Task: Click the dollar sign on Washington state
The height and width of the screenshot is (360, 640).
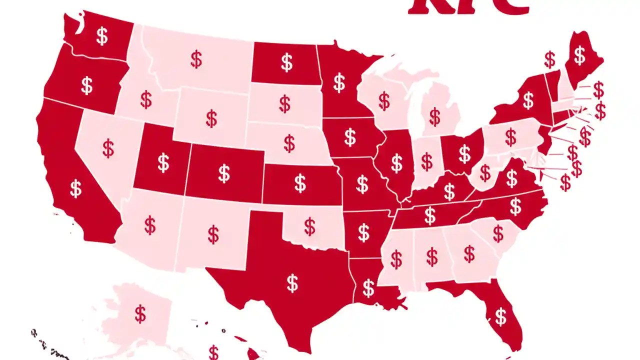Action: tap(102, 36)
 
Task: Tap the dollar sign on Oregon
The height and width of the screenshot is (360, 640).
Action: tap(87, 85)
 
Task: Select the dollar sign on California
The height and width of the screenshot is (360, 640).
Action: tap(76, 189)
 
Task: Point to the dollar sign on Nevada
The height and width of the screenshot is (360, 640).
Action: tap(108, 148)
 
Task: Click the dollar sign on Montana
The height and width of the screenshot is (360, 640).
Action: tap(196, 59)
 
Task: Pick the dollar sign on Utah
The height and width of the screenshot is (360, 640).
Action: tap(163, 162)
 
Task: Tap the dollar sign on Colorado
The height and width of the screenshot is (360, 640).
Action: tap(224, 173)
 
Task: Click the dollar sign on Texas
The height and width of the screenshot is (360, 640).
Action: tap(292, 283)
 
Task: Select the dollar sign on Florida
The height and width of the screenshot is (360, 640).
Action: tap(500, 316)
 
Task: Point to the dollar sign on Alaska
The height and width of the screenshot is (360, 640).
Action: tap(140, 314)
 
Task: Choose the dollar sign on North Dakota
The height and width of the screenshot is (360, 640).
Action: tap(286, 63)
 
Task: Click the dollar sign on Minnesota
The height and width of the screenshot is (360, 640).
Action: tap(339, 82)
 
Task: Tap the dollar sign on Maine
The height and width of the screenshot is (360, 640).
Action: tap(579, 55)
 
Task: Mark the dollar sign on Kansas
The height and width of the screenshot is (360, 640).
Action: tap(300, 183)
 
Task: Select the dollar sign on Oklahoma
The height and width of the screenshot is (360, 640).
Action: tap(310, 226)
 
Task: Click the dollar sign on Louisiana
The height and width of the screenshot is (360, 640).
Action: tap(368, 288)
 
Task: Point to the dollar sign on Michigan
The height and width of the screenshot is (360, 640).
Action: tap(435, 117)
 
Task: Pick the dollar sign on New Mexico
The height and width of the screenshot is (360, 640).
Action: tap(213, 234)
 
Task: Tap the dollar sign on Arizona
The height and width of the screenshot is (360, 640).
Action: tap(150, 225)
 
